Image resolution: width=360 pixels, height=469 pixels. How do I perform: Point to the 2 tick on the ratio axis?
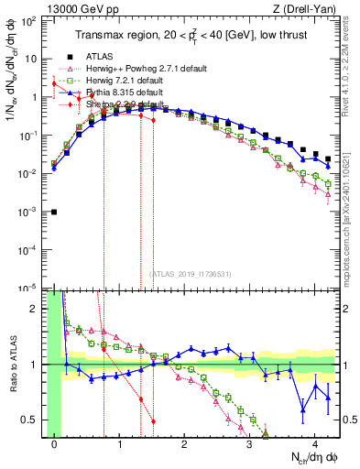(38, 308)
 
